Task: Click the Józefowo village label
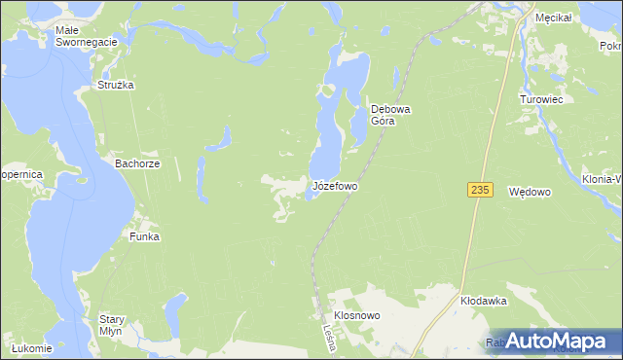(x=335, y=185)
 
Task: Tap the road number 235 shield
(x=477, y=190)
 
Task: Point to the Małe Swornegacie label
(x=86, y=36)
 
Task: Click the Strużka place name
(x=115, y=85)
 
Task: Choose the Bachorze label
(x=137, y=164)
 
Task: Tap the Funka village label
(x=144, y=236)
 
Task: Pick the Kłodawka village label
(x=484, y=302)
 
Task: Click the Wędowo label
(x=531, y=193)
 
